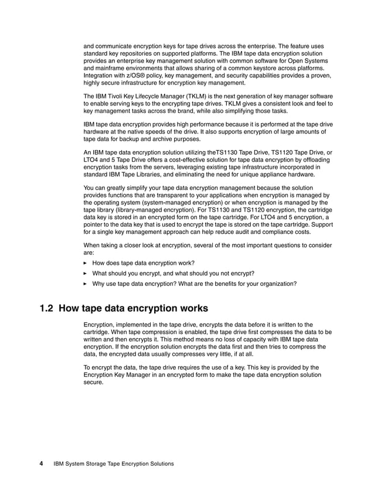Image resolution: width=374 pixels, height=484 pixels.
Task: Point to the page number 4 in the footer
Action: pos(42,463)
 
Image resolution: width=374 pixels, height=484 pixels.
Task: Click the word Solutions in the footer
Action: pos(160,463)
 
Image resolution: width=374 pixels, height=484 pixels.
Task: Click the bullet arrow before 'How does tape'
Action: pos(86,263)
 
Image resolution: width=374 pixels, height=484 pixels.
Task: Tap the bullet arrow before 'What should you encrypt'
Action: pos(86,273)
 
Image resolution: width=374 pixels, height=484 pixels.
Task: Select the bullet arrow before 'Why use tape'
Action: pos(86,284)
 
